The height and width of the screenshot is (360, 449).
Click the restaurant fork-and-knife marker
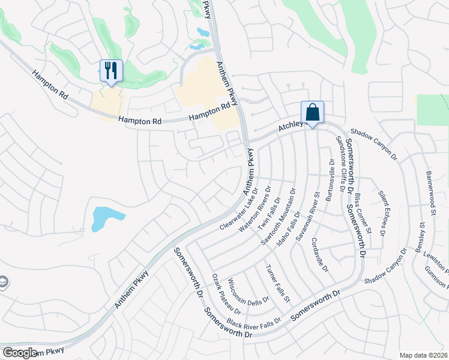[111, 71]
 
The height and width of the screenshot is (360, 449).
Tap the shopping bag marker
[312, 112]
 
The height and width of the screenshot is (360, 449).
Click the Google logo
[20, 353]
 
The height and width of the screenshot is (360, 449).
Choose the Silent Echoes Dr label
[382, 212]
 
